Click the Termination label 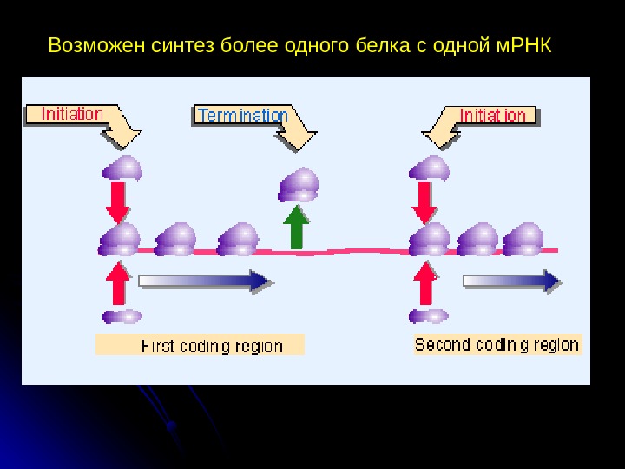point(242,116)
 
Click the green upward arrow point(297,228)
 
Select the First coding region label point(212,346)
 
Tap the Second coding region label point(497,345)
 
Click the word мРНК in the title point(523,44)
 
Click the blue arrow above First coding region point(207,281)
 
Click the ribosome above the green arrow point(299,184)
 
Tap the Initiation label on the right point(492,115)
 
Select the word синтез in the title point(178,44)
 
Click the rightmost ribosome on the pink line point(523,240)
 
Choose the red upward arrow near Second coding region point(425,282)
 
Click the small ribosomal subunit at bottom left point(122,316)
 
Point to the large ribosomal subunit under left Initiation point(122,168)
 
